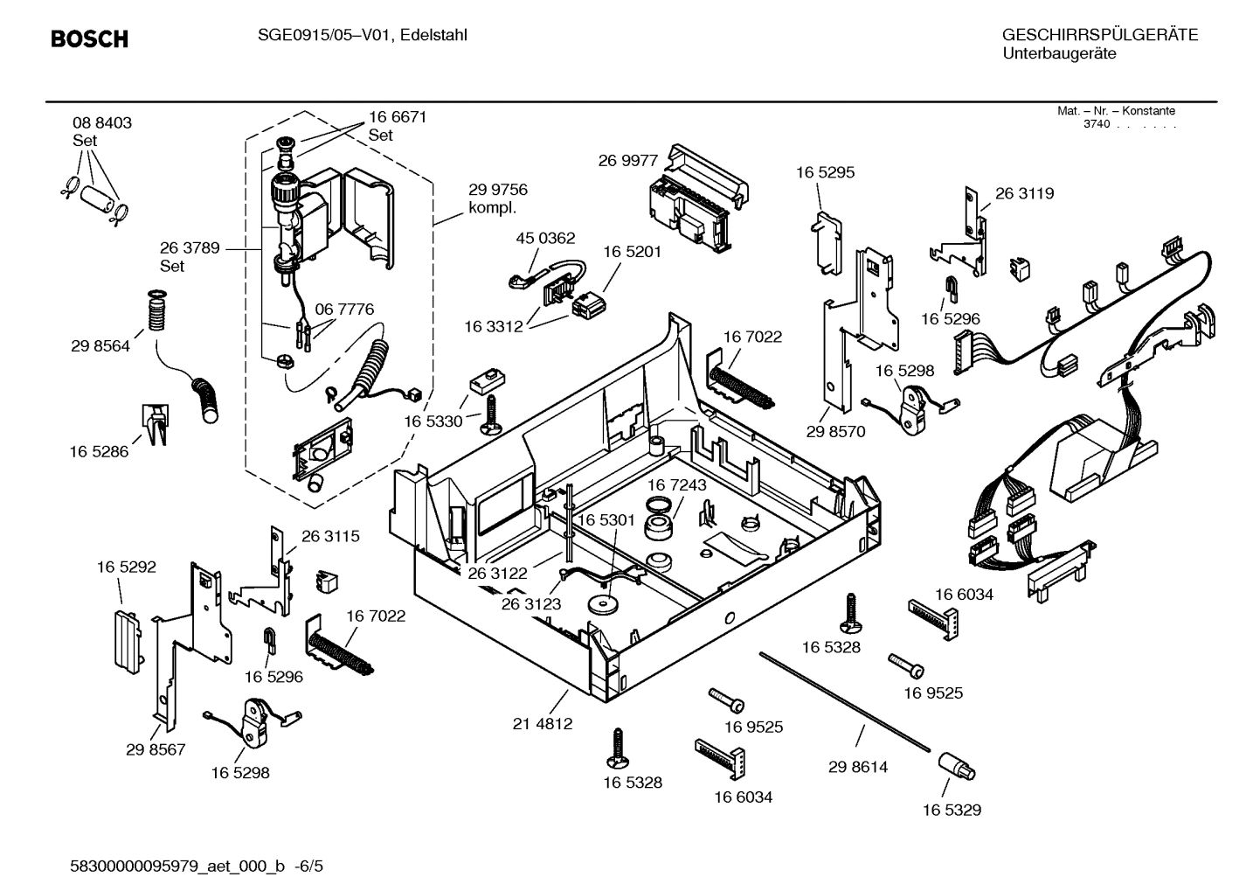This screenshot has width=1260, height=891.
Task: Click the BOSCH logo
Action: tap(89, 39)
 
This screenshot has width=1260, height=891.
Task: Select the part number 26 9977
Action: tap(627, 160)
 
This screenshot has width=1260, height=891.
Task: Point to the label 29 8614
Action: tap(857, 767)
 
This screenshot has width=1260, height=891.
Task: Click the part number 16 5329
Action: tap(952, 810)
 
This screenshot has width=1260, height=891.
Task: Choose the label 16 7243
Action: tap(677, 484)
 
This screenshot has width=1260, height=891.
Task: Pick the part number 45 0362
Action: tap(545, 238)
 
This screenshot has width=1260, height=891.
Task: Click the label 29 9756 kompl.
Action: tap(497, 198)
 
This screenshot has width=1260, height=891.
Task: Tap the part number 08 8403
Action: tap(102, 123)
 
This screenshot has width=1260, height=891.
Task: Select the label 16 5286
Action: tap(99, 452)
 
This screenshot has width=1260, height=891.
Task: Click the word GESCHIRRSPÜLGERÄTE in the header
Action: tap(1099, 36)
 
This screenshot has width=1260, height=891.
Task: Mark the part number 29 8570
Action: tap(835, 431)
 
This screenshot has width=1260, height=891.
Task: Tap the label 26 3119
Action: tap(1024, 193)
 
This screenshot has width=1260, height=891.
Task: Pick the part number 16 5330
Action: tap(433, 421)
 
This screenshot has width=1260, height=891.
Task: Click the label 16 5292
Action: tap(126, 567)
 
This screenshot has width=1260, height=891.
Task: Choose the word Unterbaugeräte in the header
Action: tap(1058, 53)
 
